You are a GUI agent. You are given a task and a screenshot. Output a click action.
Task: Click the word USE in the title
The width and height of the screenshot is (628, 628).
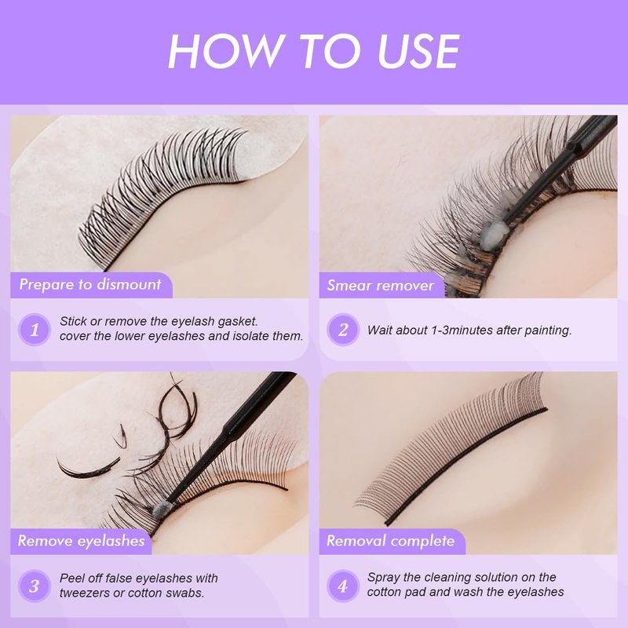[418, 51]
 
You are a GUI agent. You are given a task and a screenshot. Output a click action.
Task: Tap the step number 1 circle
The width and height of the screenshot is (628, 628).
[35, 329]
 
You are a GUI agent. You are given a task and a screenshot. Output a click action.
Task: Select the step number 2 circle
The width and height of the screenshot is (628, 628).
[343, 329]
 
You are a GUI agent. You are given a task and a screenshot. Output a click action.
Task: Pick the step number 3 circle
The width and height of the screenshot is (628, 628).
[35, 586]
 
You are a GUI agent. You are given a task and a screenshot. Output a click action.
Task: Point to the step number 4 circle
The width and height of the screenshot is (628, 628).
[343, 586]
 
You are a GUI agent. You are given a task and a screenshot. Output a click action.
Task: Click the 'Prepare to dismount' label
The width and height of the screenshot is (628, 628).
[90, 284]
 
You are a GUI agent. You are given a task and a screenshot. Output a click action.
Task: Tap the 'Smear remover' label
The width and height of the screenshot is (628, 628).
[381, 285]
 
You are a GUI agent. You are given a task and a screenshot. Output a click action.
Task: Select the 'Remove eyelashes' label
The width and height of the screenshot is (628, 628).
[82, 541]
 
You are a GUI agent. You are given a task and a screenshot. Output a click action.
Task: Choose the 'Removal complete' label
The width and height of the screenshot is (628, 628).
[391, 541]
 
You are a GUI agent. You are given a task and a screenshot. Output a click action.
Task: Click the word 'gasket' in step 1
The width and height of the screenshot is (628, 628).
[238, 322]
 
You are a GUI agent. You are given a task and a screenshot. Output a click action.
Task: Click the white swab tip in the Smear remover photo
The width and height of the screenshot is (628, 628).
[496, 233]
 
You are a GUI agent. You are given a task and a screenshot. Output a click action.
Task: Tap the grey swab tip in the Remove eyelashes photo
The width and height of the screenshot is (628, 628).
[162, 509]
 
